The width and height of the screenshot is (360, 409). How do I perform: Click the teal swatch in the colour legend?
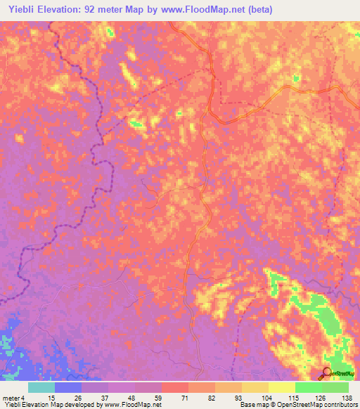(41, 387)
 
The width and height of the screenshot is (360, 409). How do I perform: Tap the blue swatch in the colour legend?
(68, 387)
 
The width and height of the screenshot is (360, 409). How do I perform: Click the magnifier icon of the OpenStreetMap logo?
(326, 372)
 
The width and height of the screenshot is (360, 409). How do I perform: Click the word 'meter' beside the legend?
(10, 398)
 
